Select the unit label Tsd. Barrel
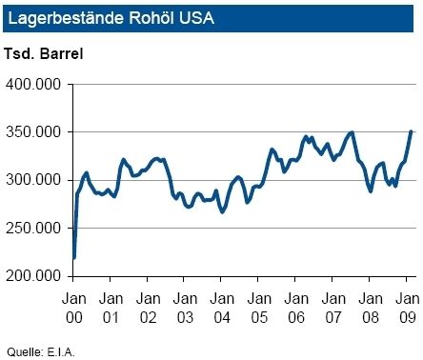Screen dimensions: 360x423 coord(44,52)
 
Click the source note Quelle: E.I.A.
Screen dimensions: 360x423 coord(39,349)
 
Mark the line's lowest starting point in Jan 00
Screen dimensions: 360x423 coord(74,257)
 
